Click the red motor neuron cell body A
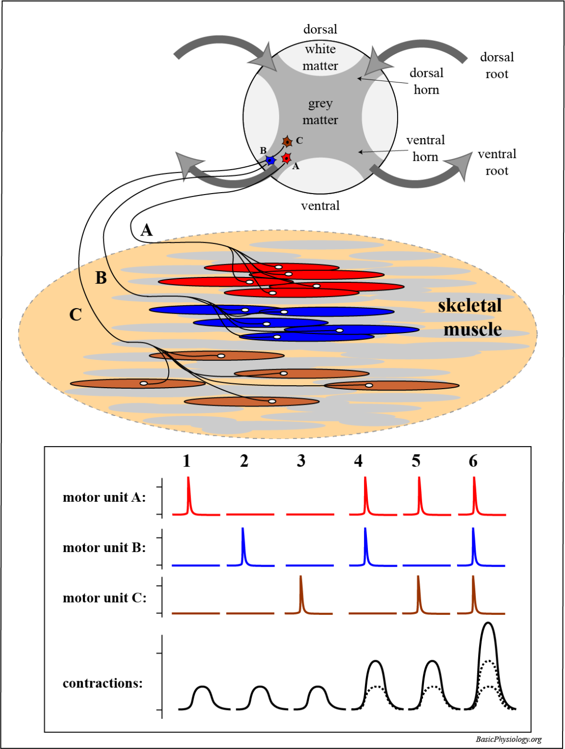pos(286,158)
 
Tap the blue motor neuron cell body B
pos(270,160)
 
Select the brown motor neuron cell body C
pos(288,142)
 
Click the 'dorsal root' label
pos(497,65)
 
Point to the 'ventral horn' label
pos(425,148)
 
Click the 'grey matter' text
pos(320,112)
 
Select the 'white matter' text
pos(320,57)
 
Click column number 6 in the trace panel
pos(473,461)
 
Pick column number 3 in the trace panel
pos(301,461)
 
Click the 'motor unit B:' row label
pos(104,548)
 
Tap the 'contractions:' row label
pos(102,683)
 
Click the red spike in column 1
pos(189,495)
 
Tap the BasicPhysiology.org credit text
pos(508,739)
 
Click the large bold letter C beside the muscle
pos(75,315)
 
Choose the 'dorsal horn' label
pos(426,81)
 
